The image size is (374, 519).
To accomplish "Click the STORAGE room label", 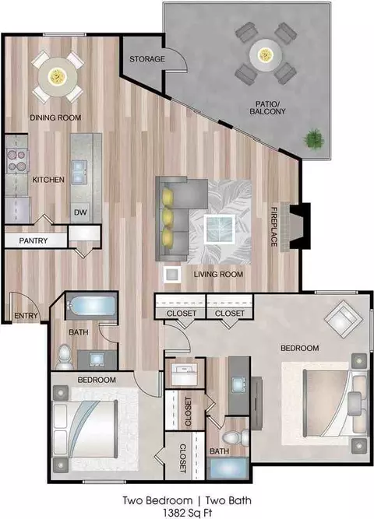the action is (x=147, y=59).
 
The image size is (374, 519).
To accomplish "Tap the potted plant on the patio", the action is (x=314, y=139).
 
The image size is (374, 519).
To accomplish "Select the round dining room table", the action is (x=58, y=76).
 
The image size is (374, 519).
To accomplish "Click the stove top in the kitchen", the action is (x=17, y=160).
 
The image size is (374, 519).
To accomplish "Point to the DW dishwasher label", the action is (x=80, y=212).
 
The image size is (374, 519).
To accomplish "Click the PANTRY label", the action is (x=34, y=240).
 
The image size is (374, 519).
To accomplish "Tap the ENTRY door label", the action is (x=26, y=316).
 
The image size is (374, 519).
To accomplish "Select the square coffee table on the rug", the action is (x=220, y=230).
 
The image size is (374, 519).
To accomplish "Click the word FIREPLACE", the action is (x=273, y=226).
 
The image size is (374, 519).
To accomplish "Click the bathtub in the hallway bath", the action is (x=91, y=306).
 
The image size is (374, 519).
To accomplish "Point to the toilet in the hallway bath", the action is (x=65, y=357).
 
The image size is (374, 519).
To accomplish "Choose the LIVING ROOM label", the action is (x=218, y=274).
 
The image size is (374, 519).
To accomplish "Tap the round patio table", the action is (x=266, y=54).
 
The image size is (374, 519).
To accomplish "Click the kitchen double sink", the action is (x=80, y=171).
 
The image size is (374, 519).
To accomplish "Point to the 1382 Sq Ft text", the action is (x=187, y=513).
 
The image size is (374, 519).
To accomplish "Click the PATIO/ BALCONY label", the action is (x=267, y=108).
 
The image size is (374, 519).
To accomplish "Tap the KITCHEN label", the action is (x=48, y=180).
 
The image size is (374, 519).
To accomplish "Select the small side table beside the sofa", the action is (x=172, y=275).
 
